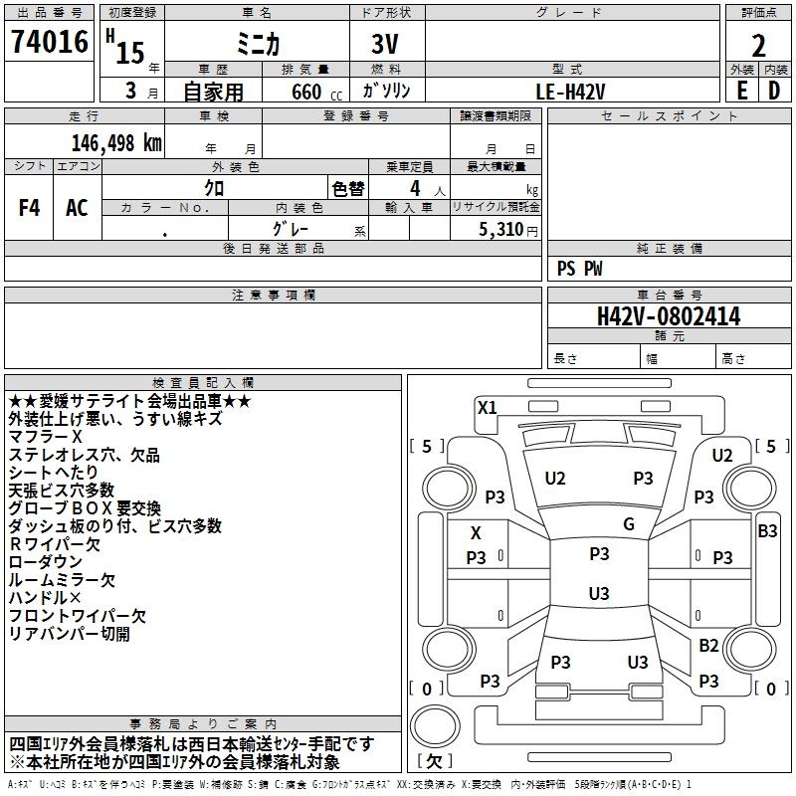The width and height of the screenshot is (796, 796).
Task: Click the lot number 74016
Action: click(49, 44)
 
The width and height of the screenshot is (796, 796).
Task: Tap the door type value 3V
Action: click(387, 44)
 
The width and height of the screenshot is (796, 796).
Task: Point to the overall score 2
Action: click(758, 46)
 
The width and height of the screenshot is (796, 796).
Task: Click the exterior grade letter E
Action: click(741, 90)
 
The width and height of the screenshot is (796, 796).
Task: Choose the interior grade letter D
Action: click(774, 90)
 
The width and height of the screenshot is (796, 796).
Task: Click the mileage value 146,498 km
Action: click(115, 142)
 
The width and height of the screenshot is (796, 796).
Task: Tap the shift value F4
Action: click(30, 208)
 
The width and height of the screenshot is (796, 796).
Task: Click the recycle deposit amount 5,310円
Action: click(508, 230)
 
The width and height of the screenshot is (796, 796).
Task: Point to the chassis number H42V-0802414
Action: click(669, 316)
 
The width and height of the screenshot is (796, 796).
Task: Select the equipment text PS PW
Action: click(580, 268)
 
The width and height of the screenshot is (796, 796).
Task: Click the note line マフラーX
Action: click(46, 437)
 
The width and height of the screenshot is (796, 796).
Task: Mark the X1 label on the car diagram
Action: click(488, 407)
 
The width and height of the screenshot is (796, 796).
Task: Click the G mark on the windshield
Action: click(629, 524)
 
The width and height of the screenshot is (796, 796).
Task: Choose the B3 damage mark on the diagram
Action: click(767, 531)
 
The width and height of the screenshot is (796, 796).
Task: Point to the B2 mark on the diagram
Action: click(708, 646)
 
